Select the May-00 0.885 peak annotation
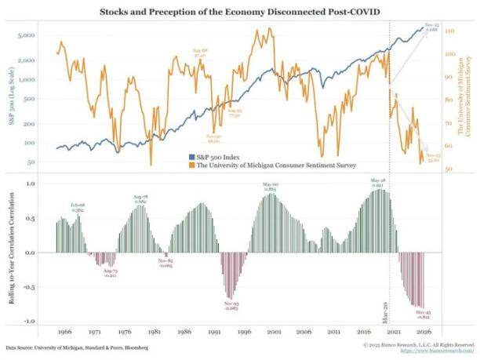(x=271, y=187)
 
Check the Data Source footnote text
(x=76, y=346)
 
